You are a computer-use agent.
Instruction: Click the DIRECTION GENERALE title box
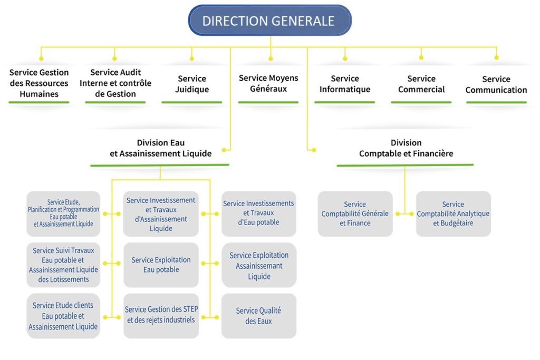click(269, 21)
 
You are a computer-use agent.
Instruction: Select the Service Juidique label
click(192, 84)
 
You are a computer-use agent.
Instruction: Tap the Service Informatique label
click(345, 84)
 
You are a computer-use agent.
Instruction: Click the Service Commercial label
click(421, 84)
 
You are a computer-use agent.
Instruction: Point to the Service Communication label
click(496, 84)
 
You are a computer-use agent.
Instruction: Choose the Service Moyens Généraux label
click(268, 83)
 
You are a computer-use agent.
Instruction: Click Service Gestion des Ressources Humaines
click(39, 83)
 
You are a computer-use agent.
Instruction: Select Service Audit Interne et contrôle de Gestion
click(115, 83)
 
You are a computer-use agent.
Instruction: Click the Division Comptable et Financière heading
click(406, 148)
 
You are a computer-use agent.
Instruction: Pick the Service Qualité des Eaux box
click(258, 316)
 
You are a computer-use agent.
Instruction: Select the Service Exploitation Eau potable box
click(161, 265)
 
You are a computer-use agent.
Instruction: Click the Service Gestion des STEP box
click(161, 315)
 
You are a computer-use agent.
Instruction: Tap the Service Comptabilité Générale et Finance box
click(355, 213)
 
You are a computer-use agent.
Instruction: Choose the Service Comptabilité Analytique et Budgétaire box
click(453, 213)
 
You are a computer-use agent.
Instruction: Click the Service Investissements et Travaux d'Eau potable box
click(258, 213)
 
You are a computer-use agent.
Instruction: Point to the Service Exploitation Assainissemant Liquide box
click(259, 266)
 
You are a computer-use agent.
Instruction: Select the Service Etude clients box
click(63, 316)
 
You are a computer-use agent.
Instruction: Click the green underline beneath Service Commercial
click(421, 102)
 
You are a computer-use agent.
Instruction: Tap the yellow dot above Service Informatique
click(345, 58)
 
